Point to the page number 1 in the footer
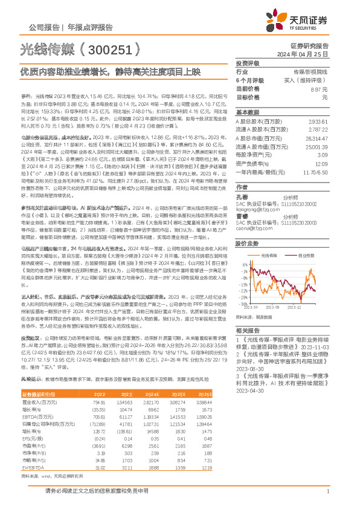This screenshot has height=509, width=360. pyautogui.click(x=327, y=493)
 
